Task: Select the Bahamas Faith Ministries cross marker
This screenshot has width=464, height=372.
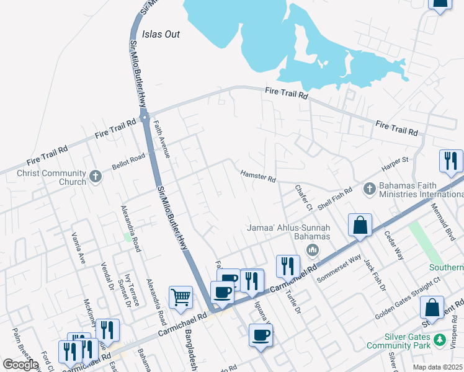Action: pyautogui.click(x=368, y=187)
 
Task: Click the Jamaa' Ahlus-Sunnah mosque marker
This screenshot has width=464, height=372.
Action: pyautogui.click(x=312, y=250)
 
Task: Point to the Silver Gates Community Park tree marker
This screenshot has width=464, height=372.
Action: pyautogui.click(x=439, y=340)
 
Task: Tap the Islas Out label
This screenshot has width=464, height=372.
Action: pyautogui.click(x=161, y=34)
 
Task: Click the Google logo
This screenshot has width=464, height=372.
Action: pyautogui.click(x=20, y=365)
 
